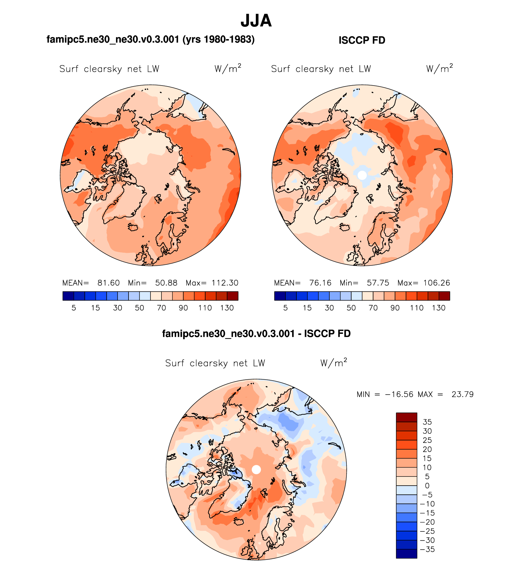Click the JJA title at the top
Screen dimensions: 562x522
(256, 21)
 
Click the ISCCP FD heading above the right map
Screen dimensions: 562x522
(362, 40)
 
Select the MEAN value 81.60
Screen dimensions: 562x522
(108, 283)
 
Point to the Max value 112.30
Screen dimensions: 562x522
(225, 283)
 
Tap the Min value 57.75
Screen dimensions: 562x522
(378, 283)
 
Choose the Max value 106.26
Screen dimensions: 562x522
(437, 283)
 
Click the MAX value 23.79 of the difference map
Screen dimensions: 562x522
(462, 394)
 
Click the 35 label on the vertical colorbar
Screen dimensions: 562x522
(427, 422)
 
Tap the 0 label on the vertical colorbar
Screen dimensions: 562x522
(427, 486)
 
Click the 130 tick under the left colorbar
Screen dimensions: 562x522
(227, 308)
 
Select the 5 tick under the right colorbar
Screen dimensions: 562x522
(285, 308)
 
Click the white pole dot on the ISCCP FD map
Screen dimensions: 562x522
(362, 175)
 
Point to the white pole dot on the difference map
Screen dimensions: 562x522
(256, 469)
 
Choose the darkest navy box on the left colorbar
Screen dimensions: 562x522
(68, 296)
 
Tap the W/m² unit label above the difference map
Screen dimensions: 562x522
(334, 363)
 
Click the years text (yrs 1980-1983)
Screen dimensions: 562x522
(218, 39)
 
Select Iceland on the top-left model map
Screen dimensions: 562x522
(133, 227)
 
